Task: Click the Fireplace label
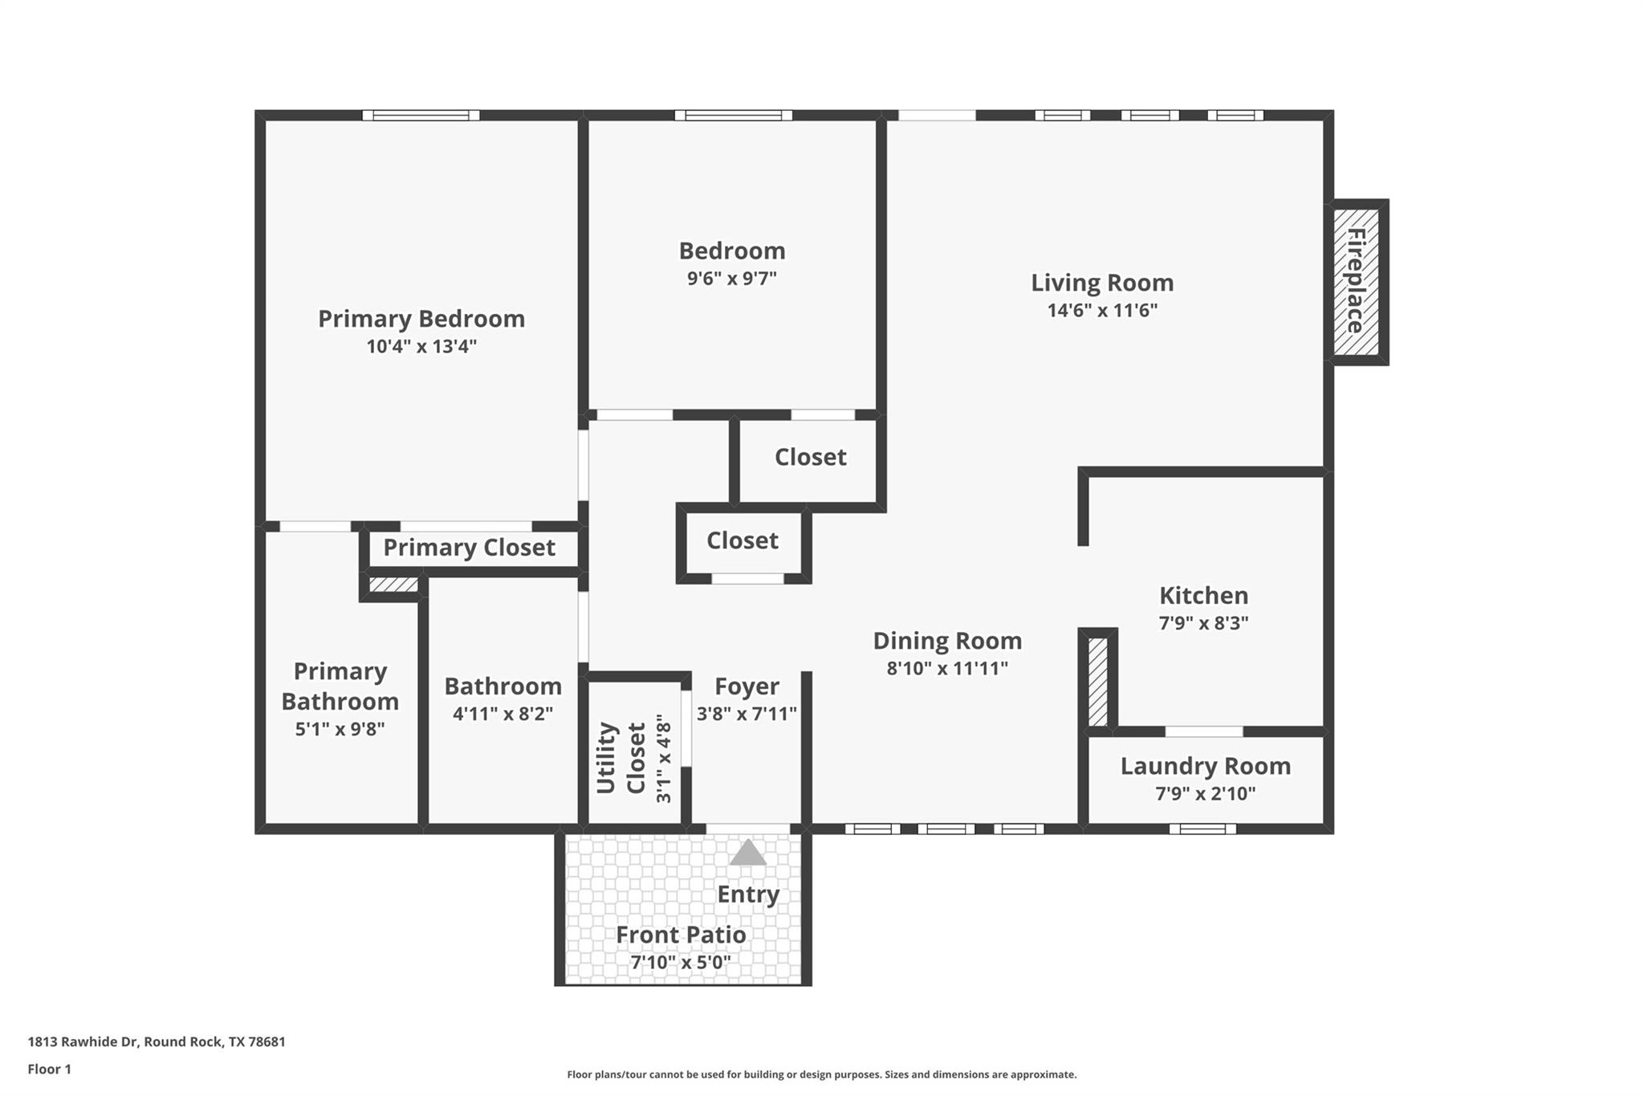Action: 1356,281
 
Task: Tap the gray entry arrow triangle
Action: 747,854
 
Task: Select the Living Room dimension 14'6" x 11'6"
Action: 1102,311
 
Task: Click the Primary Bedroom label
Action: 421,319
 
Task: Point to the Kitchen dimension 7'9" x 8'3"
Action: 1203,623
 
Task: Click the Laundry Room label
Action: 1205,766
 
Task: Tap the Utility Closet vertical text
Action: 620,758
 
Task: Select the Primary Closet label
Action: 469,548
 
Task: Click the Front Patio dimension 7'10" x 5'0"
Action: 681,962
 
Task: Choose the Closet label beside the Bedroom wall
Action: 810,457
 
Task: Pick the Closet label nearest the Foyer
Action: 742,540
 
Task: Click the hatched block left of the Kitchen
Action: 1097,682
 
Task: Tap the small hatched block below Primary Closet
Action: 393,585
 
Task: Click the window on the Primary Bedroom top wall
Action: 421,116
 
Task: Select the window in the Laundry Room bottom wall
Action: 1202,829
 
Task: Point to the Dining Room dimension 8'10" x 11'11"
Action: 947,668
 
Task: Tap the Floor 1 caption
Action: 49,1070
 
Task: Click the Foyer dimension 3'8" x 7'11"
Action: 747,714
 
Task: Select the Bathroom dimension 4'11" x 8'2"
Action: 503,714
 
